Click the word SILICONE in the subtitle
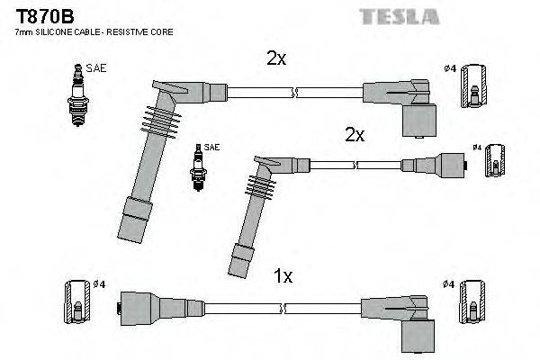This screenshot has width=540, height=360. [x=58, y=31]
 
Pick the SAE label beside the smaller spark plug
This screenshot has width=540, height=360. [x=211, y=147]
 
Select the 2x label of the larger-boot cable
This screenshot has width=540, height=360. [x=276, y=58]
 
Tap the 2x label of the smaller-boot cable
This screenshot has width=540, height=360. [x=355, y=135]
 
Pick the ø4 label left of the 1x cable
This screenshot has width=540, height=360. [x=101, y=284]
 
